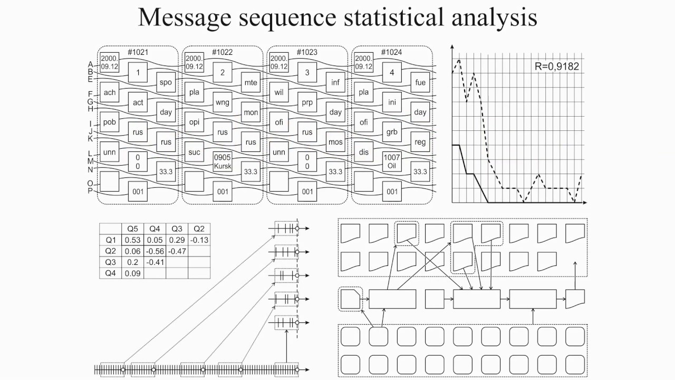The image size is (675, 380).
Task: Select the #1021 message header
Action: tap(138, 52)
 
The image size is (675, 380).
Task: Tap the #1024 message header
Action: tap(392, 52)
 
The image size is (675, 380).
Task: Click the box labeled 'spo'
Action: tap(166, 82)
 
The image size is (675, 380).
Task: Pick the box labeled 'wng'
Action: tap(223, 102)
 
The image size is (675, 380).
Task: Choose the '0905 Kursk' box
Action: tap(223, 162)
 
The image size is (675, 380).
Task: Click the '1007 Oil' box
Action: tap(392, 162)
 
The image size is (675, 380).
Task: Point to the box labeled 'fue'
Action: tap(420, 82)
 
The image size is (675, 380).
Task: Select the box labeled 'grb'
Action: tap(392, 132)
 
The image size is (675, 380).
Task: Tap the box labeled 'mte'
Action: tap(250, 82)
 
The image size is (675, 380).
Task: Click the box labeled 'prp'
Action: tap(307, 102)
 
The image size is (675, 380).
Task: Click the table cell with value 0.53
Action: tap(132, 240)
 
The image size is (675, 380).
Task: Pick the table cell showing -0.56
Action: tap(155, 251)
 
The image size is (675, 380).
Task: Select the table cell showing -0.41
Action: tap(155, 262)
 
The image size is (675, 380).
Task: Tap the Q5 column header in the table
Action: tap(132, 229)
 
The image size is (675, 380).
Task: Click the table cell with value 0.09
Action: tap(132, 273)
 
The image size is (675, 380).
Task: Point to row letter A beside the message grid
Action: tap(91, 64)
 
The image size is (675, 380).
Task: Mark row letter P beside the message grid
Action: tap(91, 191)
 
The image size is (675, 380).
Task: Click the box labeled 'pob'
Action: tap(110, 122)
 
